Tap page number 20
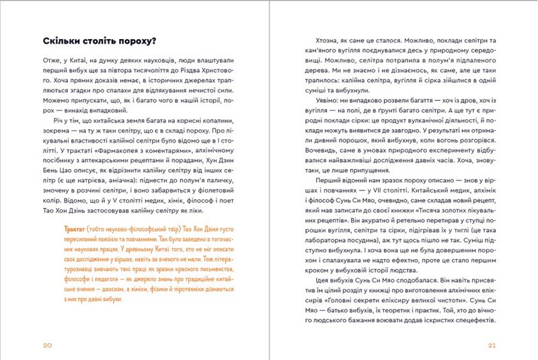point(47,345)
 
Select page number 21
point(491,345)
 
